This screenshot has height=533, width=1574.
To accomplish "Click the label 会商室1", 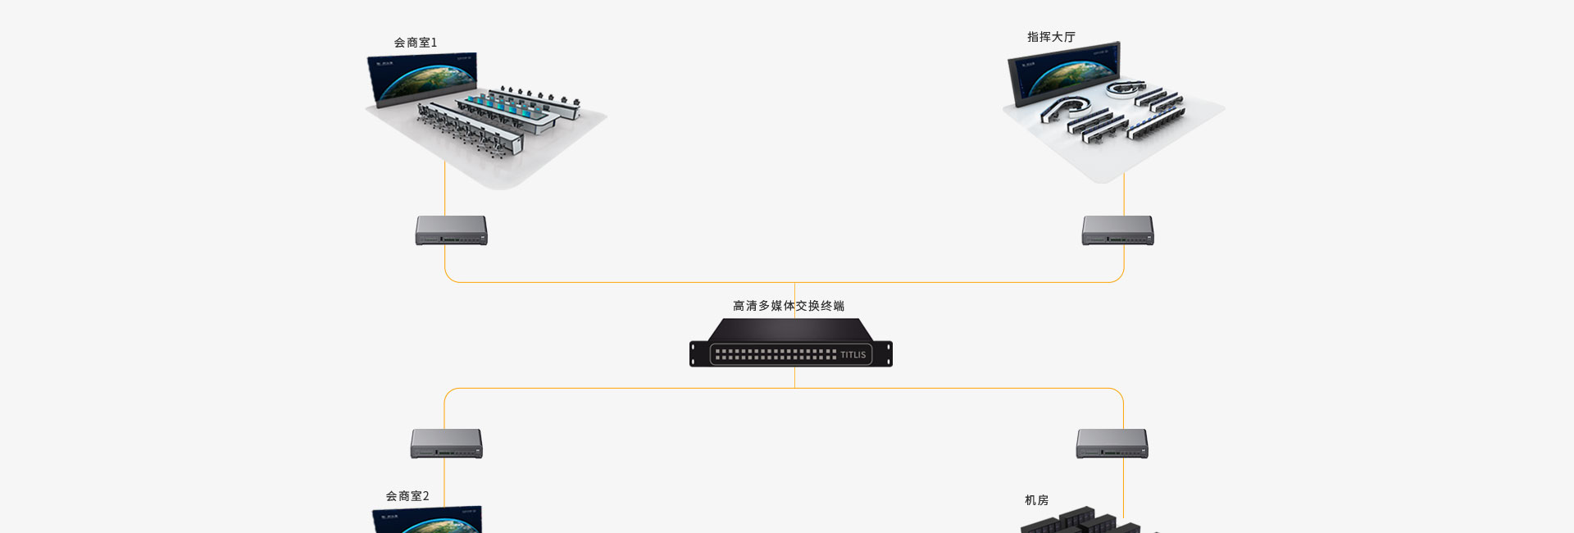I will (416, 43).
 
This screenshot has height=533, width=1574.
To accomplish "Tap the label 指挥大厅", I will (1051, 37).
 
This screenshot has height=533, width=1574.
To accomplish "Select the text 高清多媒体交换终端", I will (788, 306).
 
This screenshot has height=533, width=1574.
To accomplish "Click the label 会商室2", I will (407, 496).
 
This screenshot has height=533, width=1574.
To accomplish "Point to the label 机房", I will (1036, 500).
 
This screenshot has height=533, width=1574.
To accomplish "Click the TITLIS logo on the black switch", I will (853, 355).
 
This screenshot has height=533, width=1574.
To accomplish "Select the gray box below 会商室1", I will (451, 230).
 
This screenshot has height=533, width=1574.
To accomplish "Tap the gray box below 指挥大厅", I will (1117, 230).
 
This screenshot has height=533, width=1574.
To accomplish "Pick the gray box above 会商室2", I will (446, 444).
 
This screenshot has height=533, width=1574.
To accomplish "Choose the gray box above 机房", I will (1112, 444).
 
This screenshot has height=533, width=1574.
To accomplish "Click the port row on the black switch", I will (775, 355).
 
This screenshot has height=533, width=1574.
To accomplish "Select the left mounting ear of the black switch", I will (694, 354).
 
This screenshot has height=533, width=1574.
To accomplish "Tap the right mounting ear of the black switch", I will (888, 354).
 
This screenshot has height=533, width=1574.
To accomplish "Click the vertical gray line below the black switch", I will (794, 377).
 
